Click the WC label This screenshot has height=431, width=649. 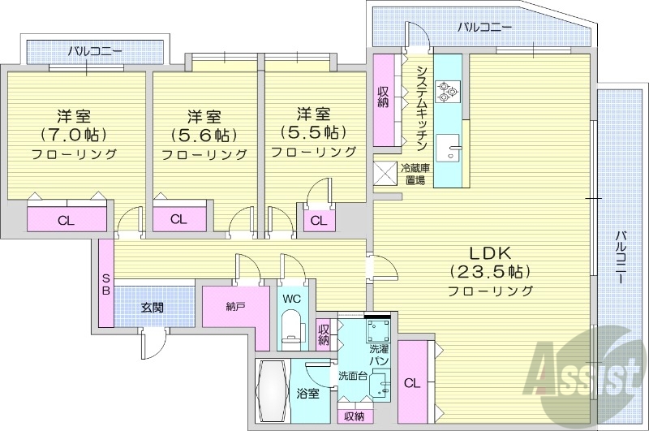click(290, 299)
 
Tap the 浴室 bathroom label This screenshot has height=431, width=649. click(307, 393)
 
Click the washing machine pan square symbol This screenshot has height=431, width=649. click(377, 330)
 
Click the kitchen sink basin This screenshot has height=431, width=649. click(447, 150)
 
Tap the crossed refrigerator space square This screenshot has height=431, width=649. click(385, 175)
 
